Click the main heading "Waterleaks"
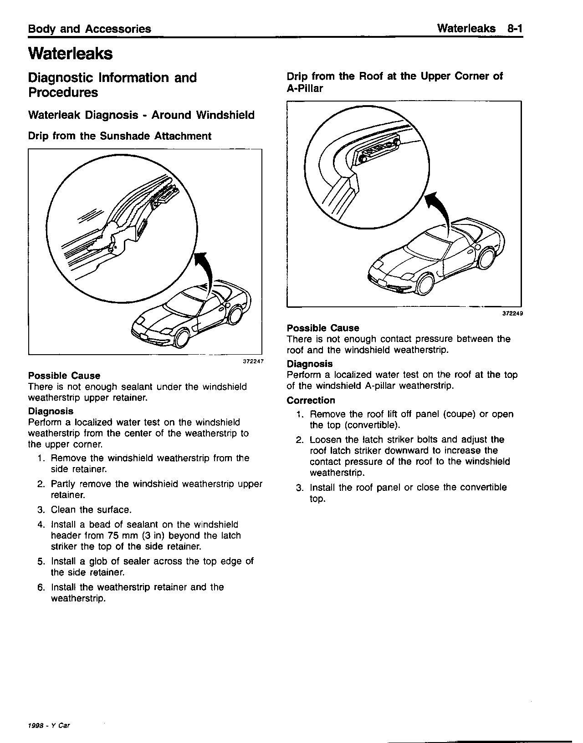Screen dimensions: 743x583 click(x=70, y=54)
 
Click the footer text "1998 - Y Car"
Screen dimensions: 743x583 click(x=49, y=726)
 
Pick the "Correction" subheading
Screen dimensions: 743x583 click(x=311, y=400)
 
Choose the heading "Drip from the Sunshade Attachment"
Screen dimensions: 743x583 click(x=120, y=136)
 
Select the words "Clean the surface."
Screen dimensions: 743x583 click(x=91, y=509)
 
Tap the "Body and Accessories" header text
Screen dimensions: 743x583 click(x=90, y=29)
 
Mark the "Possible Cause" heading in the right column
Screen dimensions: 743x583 click(x=322, y=328)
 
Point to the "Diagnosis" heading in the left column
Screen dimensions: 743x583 click(x=51, y=411)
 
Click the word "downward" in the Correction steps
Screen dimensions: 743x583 click(x=407, y=450)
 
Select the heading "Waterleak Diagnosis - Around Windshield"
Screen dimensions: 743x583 click(x=141, y=115)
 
